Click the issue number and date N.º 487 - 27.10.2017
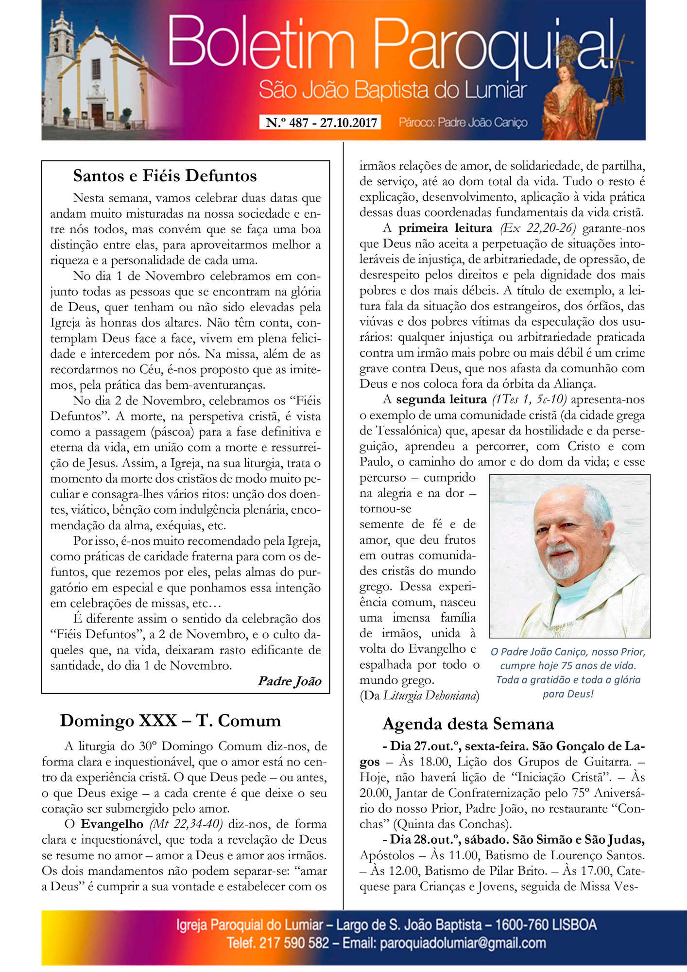(321, 122)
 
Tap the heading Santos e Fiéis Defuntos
(165, 175)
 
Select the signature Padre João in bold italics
(290, 681)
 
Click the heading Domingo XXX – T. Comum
(170, 720)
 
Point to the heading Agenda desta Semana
(468, 724)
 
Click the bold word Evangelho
(112, 824)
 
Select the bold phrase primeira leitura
(445, 228)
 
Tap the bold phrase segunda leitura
(441, 399)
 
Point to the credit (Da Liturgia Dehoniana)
(419, 695)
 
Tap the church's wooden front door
(98, 115)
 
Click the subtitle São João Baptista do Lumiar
(393, 90)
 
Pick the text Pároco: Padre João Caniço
(463, 122)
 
